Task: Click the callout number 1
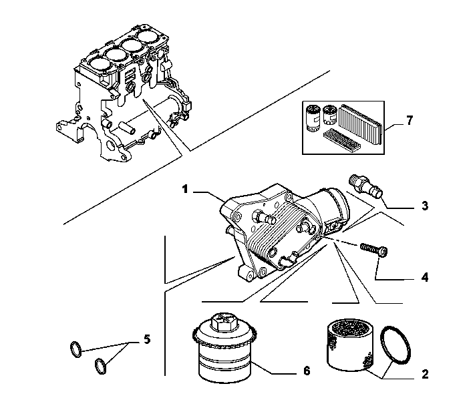[185, 189]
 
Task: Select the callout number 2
[425, 375]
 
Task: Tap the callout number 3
[425, 206]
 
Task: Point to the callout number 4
[425, 277]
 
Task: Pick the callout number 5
[147, 339]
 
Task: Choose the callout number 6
[307, 371]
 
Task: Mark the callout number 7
[410, 120]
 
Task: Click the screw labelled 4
[374, 250]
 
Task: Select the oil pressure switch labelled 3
[366, 186]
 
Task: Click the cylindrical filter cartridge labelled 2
[350, 345]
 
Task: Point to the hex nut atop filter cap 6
[223, 322]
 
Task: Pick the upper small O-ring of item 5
[75, 349]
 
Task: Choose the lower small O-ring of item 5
[101, 366]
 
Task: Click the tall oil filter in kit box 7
[313, 118]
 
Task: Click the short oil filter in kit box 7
[330, 115]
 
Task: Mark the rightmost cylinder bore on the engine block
[149, 37]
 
